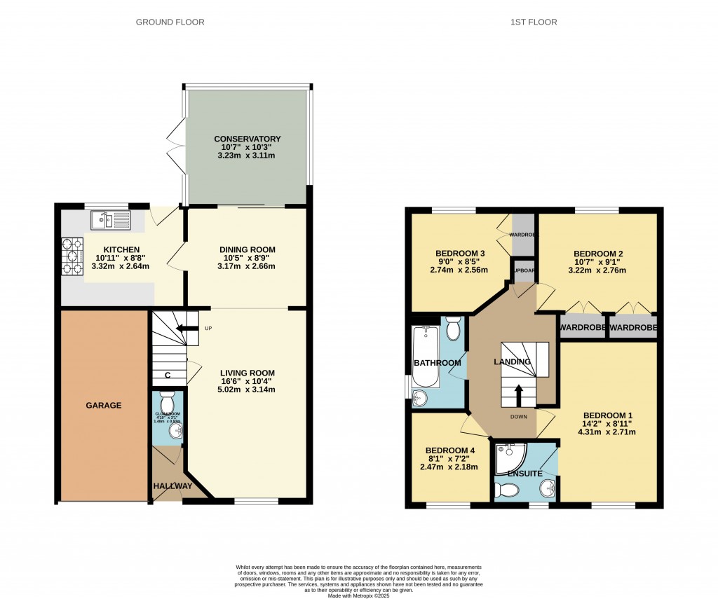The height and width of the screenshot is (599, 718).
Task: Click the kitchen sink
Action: tap(111, 221)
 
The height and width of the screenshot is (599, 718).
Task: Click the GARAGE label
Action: tap(104, 405)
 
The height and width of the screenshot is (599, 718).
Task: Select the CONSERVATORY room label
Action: tap(247, 139)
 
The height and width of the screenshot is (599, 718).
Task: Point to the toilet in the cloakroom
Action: tap(167, 404)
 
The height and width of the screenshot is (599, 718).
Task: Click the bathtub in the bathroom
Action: tap(426, 357)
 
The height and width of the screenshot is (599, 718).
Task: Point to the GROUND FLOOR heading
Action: tap(170, 22)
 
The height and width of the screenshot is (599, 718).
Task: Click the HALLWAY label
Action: tap(172, 486)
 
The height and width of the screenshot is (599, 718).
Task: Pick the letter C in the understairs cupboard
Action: tap(167, 375)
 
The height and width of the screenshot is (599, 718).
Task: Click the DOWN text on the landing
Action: tap(519, 417)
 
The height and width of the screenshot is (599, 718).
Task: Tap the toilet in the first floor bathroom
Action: tap(453, 327)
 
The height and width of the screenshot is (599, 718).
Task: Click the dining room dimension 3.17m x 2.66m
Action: tap(247, 266)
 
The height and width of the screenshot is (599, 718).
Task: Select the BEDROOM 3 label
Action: tap(460, 254)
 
